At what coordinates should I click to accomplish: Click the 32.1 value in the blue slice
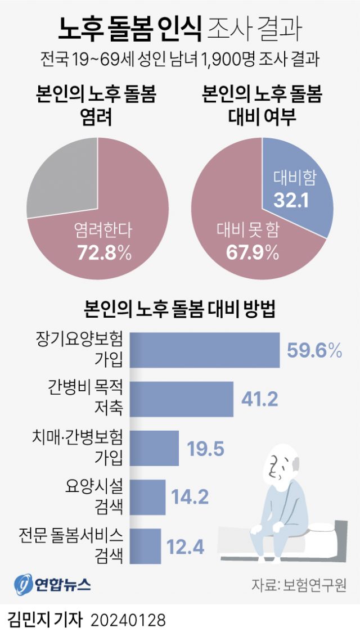tap(291, 200)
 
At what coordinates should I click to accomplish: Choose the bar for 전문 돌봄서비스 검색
tap(146, 545)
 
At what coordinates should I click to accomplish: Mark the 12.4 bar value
tap(185, 545)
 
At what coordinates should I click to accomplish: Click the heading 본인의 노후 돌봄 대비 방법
tap(179, 310)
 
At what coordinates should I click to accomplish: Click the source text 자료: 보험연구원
tap(298, 584)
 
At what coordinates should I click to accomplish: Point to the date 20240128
tap(128, 620)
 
